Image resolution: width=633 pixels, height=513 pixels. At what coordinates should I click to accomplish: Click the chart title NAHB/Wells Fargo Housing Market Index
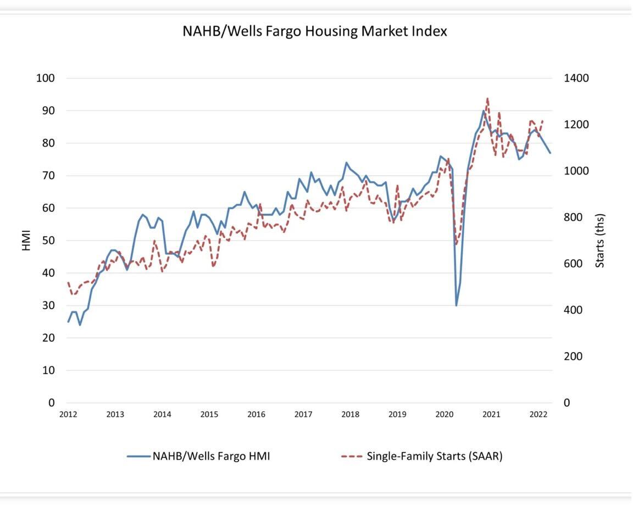[x=315, y=31]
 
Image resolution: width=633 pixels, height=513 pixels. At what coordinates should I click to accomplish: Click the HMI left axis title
[x=26, y=241]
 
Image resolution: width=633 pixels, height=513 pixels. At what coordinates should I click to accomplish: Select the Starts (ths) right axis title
[x=600, y=241]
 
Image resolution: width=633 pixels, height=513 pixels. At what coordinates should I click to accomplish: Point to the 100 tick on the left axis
[x=46, y=78]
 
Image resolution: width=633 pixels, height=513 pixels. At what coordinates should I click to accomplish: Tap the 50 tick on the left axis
[x=48, y=241]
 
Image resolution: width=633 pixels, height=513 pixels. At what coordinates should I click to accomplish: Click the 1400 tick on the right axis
[x=576, y=78]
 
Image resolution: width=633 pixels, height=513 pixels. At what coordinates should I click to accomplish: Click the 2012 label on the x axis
[x=68, y=414]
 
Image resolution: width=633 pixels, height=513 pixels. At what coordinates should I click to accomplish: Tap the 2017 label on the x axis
[x=303, y=414]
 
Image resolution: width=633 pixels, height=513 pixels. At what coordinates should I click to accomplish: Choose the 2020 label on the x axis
[x=445, y=414]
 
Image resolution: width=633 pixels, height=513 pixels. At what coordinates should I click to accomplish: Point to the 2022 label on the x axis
[x=538, y=414]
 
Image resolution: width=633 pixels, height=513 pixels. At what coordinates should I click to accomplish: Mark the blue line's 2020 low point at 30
[x=456, y=305]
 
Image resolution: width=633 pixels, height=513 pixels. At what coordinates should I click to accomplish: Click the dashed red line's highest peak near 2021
[x=487, y=99]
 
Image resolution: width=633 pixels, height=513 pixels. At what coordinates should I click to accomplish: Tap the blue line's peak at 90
[x=484, y=110]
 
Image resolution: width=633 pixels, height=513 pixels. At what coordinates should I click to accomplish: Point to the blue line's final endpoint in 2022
[x=551, y=153]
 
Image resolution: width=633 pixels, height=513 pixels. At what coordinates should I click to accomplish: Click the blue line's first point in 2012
[x=68, y=322]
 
